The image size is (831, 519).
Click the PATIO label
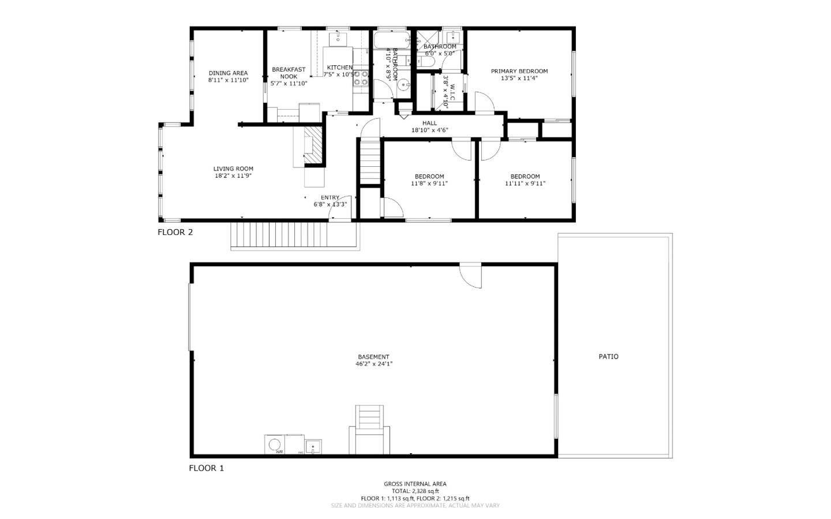608,357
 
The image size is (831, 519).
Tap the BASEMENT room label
373,357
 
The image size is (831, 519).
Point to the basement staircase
369,430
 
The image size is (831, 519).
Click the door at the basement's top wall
471,275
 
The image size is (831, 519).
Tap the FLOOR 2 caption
175,233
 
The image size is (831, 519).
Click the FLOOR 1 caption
206,468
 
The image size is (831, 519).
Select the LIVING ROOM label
233,169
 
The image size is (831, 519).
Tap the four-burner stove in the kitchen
361,79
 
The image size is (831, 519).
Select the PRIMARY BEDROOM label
519,72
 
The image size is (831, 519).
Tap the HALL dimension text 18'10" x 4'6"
429,130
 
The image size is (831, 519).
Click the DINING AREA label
228,73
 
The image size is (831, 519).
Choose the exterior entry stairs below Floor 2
279,236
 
